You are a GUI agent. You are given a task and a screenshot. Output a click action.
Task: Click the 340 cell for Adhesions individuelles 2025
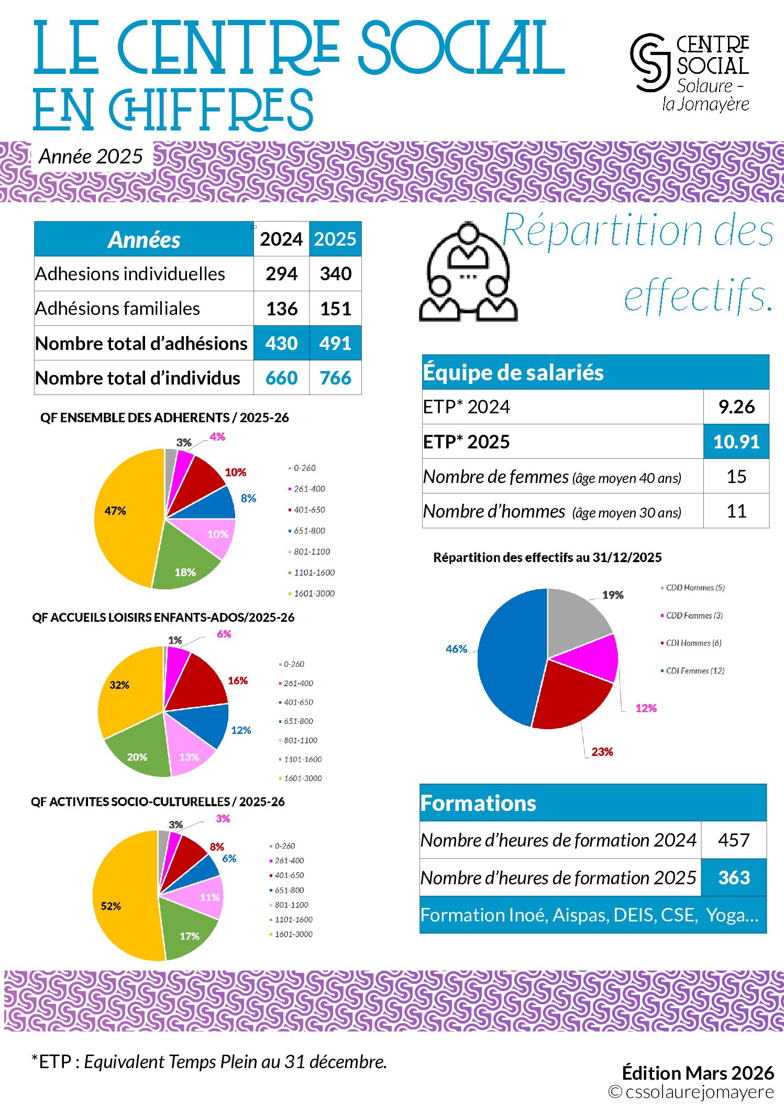335,273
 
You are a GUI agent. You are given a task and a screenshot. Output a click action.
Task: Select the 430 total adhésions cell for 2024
281,343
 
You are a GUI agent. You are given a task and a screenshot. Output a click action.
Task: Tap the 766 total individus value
335,378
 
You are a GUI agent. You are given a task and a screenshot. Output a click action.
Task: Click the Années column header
144,239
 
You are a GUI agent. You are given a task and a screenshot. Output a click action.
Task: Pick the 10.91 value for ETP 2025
736,442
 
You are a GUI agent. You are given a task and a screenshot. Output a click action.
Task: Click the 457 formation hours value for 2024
734,840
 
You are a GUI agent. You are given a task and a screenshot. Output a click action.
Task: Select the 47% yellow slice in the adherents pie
123,524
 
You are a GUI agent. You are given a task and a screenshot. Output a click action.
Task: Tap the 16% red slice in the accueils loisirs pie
199,681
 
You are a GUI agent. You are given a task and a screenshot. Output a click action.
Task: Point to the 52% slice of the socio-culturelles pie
123,901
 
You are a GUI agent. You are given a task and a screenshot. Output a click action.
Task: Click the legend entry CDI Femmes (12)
694,671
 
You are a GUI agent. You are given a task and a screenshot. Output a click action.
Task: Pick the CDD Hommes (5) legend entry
694,588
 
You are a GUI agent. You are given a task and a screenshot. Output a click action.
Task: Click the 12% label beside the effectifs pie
646,708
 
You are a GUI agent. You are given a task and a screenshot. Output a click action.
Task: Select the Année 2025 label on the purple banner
91,156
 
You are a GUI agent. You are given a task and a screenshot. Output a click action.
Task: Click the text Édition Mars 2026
698,1073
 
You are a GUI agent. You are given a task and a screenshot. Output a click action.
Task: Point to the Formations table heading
478,803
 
